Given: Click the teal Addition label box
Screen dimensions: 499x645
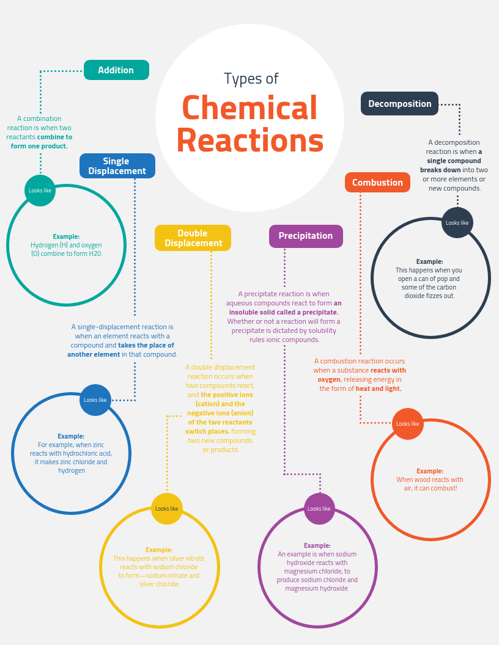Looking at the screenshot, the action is click(117, 70).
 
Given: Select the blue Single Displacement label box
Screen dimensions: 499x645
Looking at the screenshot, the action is click(117, 166).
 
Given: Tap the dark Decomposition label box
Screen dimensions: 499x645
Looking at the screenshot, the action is click(400, 104).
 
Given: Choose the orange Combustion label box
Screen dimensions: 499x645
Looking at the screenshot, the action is click(377, 182).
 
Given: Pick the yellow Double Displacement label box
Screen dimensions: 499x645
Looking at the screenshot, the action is click(193, 238).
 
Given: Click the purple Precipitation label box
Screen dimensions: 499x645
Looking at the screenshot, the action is click(306, 236).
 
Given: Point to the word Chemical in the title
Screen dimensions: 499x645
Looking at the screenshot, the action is click(250, 107).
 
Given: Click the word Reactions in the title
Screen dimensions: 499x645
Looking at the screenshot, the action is click(250, 140).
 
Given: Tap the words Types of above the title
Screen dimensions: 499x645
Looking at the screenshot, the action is click(251, 79).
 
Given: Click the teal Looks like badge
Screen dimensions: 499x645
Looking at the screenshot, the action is click(40, 191).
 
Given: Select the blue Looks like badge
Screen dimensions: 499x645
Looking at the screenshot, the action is click(95, 400).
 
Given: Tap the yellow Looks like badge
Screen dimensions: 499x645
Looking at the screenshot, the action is click(167, 509).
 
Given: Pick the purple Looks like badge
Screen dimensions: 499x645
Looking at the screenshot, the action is click(319, 509).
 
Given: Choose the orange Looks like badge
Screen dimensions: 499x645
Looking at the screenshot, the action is click(408, 424).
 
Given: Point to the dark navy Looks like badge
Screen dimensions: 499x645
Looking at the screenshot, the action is click(457, 223).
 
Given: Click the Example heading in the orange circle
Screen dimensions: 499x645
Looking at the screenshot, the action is click(430, 471).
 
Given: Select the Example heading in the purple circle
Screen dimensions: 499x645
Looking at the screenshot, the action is click(317, 545).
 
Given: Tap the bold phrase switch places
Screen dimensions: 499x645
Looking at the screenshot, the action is click(207, 431).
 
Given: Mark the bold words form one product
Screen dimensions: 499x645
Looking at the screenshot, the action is click(39, 146).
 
